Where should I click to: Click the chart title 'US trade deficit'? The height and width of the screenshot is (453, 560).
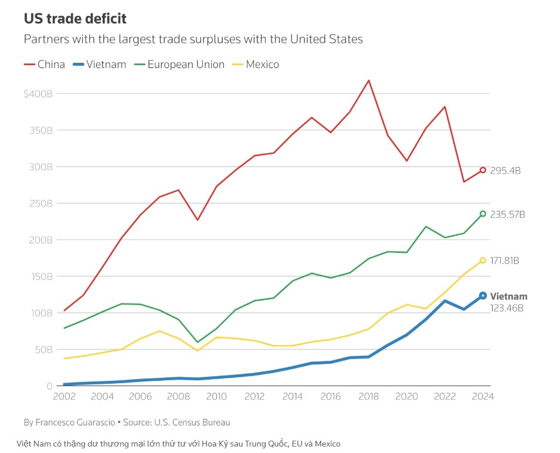pos(74,18)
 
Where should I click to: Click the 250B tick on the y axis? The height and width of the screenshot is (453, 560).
pos(41,203)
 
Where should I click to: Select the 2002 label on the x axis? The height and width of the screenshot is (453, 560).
pos(65,396)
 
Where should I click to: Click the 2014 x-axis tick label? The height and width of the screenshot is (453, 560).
pos(293,396)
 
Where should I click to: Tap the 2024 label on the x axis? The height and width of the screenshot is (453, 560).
pos(483,396)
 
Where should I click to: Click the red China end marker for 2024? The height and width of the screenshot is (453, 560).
pos(483,170)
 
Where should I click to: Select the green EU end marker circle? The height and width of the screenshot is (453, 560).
pos(483,214)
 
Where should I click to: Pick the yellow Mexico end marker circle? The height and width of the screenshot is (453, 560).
pos(483,260)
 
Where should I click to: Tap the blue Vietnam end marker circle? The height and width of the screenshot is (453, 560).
pos(483,296)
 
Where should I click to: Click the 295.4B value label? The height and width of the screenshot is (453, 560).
pos(505,171)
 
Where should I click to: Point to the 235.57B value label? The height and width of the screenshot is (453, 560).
pos(507,214)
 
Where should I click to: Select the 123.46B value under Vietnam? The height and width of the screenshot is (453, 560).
pos(507,308)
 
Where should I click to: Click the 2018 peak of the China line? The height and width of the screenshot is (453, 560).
pos(368,80)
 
